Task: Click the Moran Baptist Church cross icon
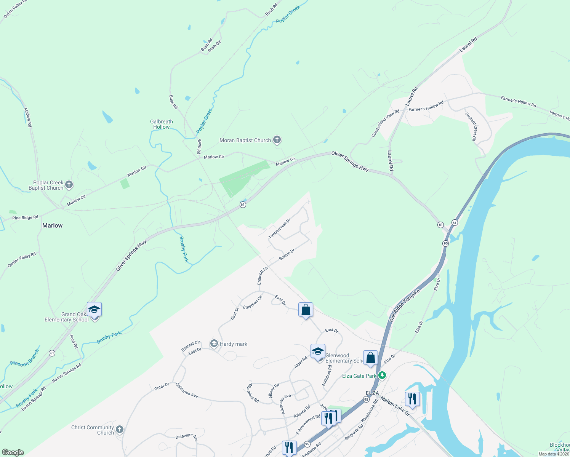click(x=277, y=140)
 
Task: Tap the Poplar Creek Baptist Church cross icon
click(x=69, y=185)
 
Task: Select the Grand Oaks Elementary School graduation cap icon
click(x=94, y=310)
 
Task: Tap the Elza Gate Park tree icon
click(x=382, y=376)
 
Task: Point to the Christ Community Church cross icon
click(x=120, y=430)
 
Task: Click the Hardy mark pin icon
click(x=214, y=344)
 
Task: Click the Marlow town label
click(x=53, y=225)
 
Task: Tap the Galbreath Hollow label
click(x=162, y=124)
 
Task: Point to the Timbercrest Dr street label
click(x=279, y=229)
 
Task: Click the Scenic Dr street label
click(x=287, y=255)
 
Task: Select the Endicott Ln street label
click(x=262, y=275)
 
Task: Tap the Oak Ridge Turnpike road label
click(x=404, y=305)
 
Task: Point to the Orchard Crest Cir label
click(x=471, y=126)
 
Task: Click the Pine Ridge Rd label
click(x=25, y=218)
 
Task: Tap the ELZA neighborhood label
click(x=372, y=393)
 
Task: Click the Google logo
click(x=13, y=452)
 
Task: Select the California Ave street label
click(x=187, y=390)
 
